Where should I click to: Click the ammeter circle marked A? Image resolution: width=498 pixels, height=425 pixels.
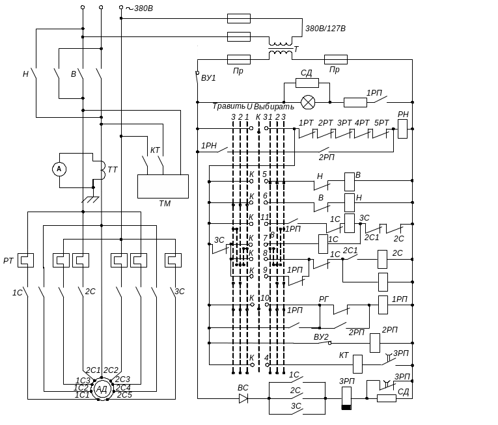(59, 169)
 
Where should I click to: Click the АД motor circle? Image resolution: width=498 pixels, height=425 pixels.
(102, 389)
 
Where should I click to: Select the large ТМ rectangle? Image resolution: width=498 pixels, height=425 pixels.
(163, 186)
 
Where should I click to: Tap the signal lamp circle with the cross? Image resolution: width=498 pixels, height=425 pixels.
(307, 102)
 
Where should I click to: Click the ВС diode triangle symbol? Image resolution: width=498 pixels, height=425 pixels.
(243, 398)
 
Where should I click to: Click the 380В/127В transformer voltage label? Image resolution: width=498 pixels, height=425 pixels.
(325, 29)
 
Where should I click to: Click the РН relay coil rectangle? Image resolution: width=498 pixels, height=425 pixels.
(402, 128)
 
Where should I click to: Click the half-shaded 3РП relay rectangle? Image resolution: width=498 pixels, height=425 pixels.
(346, 398)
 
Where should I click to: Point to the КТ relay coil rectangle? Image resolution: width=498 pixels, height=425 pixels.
(357, 364)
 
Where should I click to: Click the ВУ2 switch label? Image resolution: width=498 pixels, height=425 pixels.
(321, 337)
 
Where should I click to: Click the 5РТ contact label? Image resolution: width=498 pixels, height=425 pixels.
(382, 122)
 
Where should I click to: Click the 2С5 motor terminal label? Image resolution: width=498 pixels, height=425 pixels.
(125, 395)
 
